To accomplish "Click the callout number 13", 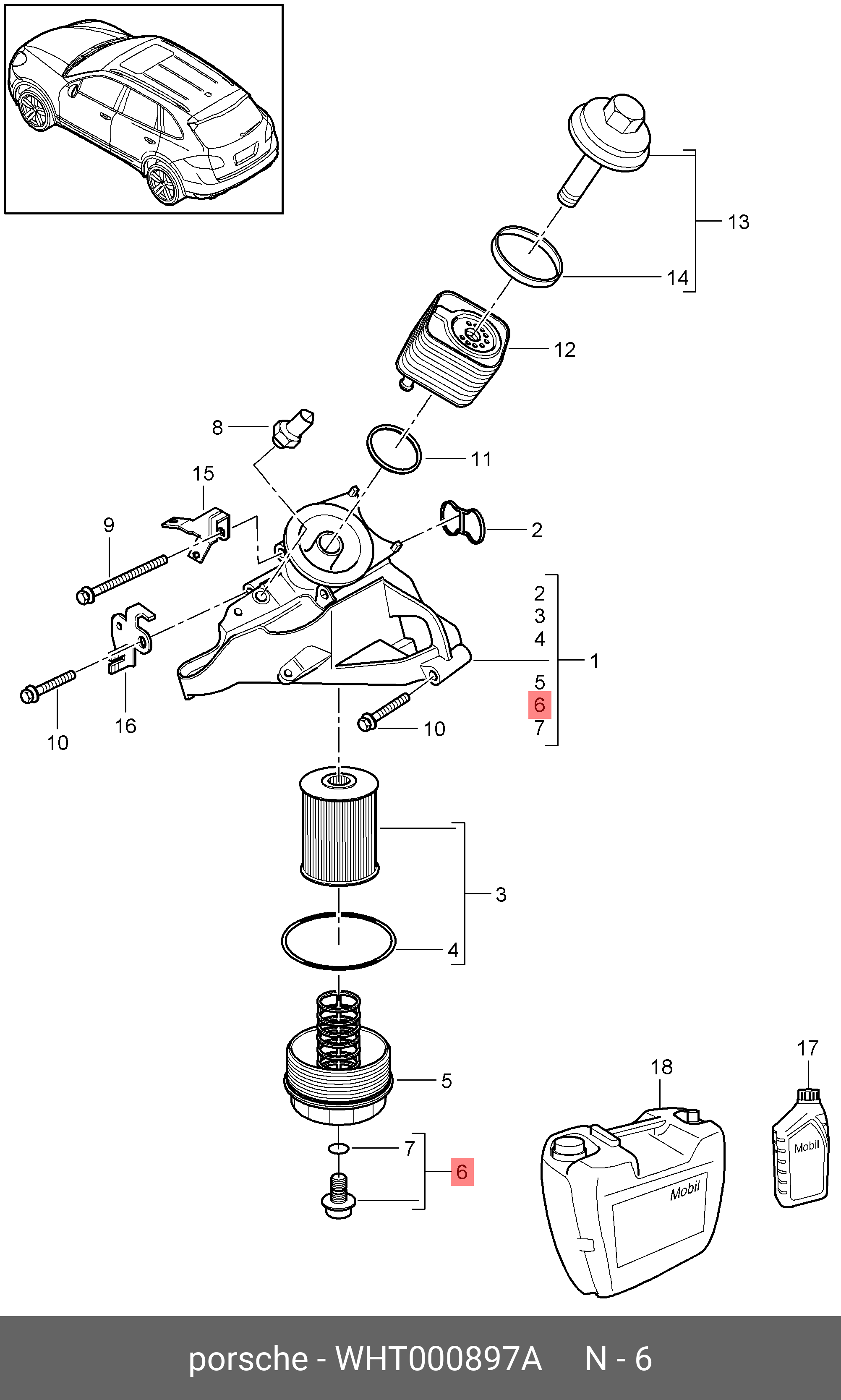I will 739,222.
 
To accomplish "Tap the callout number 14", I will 677,278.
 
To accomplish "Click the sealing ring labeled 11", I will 394,449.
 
